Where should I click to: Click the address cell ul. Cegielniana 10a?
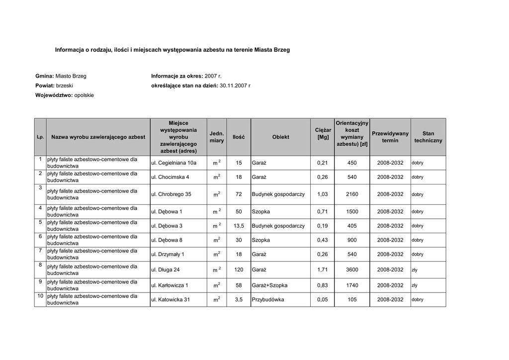pyautogui.click(x=173, y=163)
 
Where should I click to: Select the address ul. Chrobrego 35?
pyautogui.click(x=171, y=194)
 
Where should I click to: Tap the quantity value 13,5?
pyautogui.click(x=239, y=226)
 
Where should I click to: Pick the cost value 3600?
pyautogui.click(x=352, y=270)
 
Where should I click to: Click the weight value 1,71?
pyautogui.click(x=322, y=270)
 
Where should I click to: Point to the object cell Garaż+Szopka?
pyautogui.click(x=269, y=285)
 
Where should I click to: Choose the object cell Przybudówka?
pyautogui.click(x=268, y=300)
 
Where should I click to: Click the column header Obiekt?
pyautogui.click(x=280, y=137)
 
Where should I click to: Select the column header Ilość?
pyautogui.click(x=239, y=137)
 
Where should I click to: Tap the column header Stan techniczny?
pyautogui.click(x=428, y=137)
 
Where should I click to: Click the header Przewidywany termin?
pyautogui.click(x=390, y=137)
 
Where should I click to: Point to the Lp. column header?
pyautogui.click(x=40, y=137)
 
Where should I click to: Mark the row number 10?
pyautogui.click(x=40, y=296)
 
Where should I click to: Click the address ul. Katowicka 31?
pyautogui.click(x=170, y=300)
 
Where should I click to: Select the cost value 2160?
pyautogui.click(x=352, y=194)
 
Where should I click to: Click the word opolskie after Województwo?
pyautogui.click(x=84, y=95)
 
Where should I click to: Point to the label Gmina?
pyautogui.click(x=44, y=76)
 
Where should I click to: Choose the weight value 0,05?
pyautogui.click(x=322, y=300)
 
